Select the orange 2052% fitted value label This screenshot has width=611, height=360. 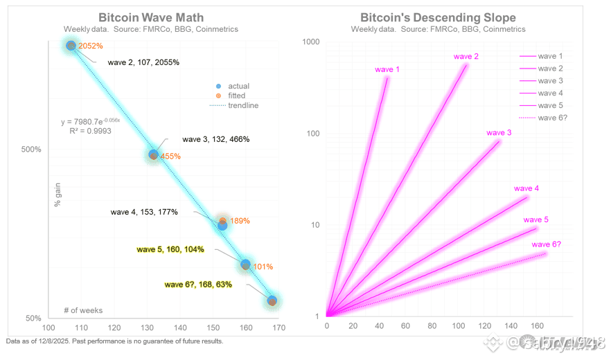(x=91, y=46)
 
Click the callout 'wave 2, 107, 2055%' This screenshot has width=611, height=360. (x=143, y=62)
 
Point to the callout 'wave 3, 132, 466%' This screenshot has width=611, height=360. (x=215, y=139)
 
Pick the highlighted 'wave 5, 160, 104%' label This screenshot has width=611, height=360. (x=170, y=249)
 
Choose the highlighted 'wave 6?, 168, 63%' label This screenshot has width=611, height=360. (x=198, y=284)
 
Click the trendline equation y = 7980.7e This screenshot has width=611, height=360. (x=91, y=121)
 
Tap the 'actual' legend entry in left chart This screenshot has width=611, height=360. (x=238, y=86)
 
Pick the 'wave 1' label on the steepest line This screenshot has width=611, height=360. (x=387, y=69)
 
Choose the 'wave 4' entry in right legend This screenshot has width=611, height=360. (x=550, y=93)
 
